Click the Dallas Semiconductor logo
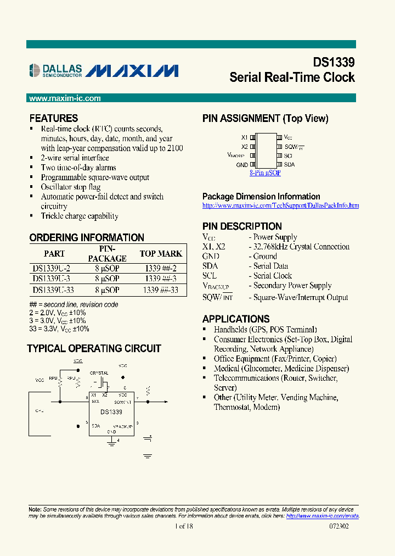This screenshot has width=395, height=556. coord(55,69)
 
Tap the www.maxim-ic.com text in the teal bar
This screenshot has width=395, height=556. coord(65,98)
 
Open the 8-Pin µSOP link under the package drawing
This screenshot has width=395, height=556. coord(265,173)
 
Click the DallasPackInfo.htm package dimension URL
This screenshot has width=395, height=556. coord(280,205)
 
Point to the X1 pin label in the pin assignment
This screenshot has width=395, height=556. coord(244,137)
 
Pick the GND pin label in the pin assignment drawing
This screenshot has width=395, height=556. coord(242,164)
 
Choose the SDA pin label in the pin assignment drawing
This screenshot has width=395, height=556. coord(289,164)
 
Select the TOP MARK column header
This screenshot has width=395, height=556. coord(161,253)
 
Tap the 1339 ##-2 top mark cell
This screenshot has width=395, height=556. coord(161,269)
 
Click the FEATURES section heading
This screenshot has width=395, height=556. coord(54,118)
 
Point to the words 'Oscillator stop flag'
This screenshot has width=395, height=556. coord(71,187)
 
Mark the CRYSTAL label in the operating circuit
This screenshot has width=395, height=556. coord(99,372)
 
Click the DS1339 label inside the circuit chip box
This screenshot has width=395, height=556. coord(111,412)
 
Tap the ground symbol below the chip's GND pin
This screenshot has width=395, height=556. coord(111,443)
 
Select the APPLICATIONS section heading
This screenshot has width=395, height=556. coord(236,319)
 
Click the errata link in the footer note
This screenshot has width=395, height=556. coord(323,516)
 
